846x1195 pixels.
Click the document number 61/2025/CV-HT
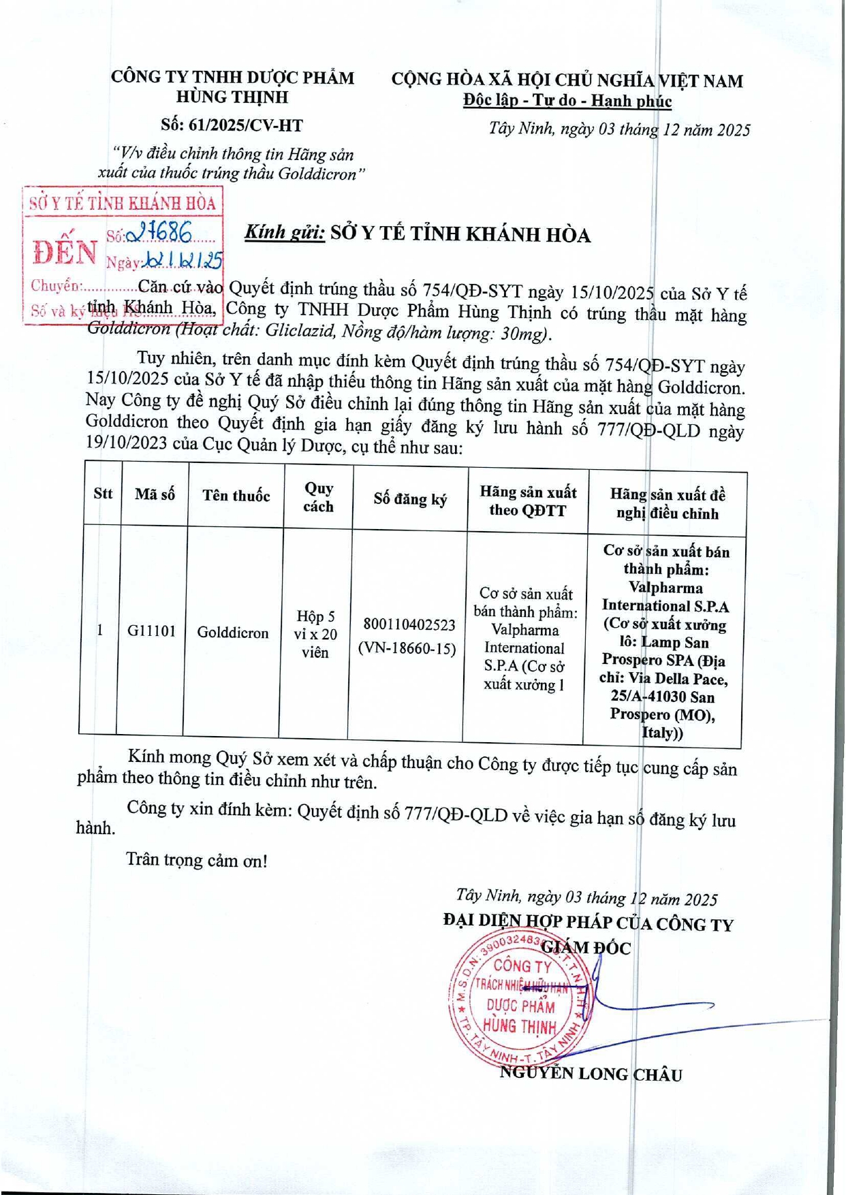pos(232,125)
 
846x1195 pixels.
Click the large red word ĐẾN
pos(65,253)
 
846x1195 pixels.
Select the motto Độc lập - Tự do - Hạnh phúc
pos(567,101)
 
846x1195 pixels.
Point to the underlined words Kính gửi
pos(285,232)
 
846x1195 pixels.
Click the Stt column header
pos(103,493)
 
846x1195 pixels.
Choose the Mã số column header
pos(155,494)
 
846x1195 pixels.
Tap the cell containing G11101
pos(151,631)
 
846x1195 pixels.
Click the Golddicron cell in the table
pos(233,633)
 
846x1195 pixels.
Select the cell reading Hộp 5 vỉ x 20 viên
pos(316,634)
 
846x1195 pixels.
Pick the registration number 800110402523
pos(409,624)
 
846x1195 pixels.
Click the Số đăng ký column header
pos(410,499)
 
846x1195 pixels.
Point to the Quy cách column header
pos(319,497)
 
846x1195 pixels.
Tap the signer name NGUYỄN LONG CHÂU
pos(591,1074)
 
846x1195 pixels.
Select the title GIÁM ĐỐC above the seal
pos(586,947)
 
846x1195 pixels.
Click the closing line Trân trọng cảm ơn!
pos(197,860)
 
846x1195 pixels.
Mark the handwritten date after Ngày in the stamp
pos(184,260)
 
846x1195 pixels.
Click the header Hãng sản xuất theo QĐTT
pos(528,501)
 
